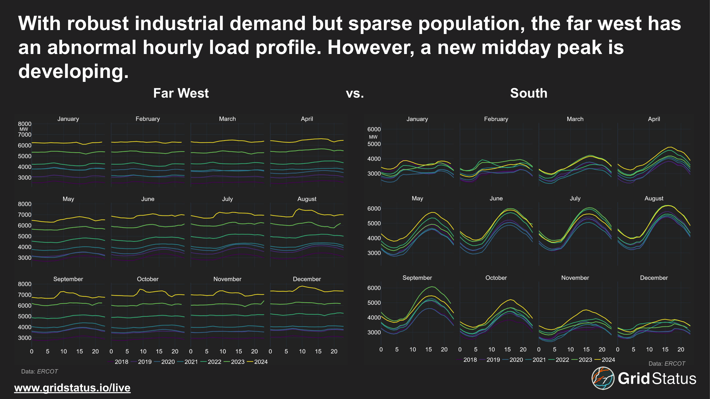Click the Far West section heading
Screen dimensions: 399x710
click(x=181, y=93)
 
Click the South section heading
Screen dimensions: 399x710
click(x=528, y=93)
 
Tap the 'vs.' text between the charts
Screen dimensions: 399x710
click(x=355, y=94)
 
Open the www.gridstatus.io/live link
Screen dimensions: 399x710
click(x=72, y=388)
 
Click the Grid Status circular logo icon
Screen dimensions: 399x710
click(x=603, y=378)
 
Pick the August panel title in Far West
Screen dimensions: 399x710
click(x=307, y=199)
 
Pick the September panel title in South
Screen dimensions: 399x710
click(x=417, y=277)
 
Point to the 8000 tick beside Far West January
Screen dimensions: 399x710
click(x=24, y=124)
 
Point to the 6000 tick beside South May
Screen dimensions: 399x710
click(x=374, y=209)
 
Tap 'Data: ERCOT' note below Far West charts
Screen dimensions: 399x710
click(x=39, y=371)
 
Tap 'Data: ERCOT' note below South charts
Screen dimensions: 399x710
click(x=667, y=363)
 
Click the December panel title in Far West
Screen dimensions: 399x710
click(x=307, y=279)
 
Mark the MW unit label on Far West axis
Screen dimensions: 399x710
click(x=24, y=129)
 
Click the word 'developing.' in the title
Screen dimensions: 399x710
click(x=73, y=71)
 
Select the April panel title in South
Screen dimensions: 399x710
click(x=654, y=119)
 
